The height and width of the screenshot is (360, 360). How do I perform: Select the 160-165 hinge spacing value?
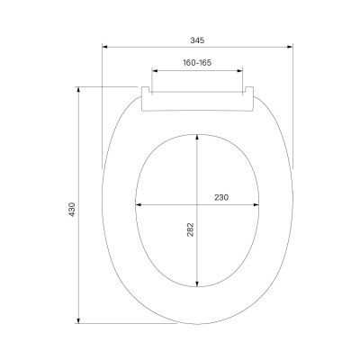[x=196, y=64]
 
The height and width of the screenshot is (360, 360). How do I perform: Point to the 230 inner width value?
[x=220, y=197]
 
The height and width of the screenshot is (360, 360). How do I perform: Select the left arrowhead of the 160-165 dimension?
[x=152, y=70]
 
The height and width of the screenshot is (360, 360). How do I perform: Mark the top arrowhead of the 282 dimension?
[x=197, y=136]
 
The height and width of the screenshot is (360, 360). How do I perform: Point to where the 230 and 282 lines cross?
[x=197, y=203]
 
